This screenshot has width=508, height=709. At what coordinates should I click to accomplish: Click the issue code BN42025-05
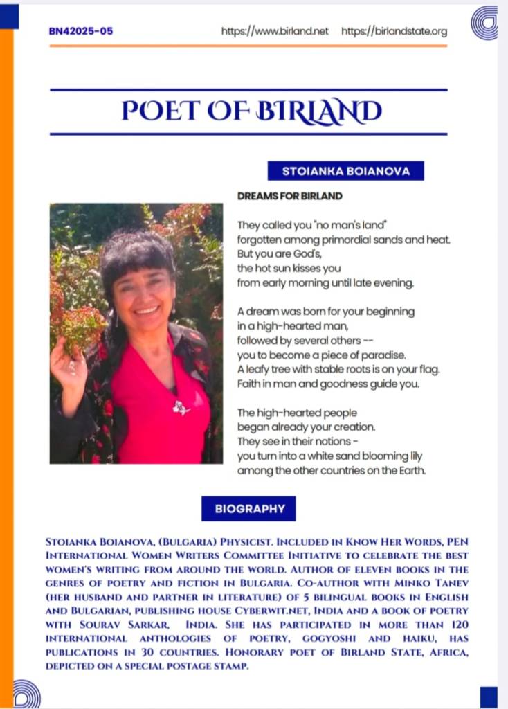point(81,31)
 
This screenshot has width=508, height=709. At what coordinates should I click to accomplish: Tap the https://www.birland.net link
point(275,31)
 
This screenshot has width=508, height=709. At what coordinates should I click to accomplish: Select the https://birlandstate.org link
point(394,31)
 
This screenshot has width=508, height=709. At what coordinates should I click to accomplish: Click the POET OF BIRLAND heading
point(251,111)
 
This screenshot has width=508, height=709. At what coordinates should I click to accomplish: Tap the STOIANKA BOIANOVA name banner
point(345,170)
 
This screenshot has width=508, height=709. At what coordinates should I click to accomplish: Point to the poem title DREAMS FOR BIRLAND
point(289,196)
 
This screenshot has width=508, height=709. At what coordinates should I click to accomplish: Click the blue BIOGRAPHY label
point(248,508)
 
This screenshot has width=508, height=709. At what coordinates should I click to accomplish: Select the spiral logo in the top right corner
point(484,22)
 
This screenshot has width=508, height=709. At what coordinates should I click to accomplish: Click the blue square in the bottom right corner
point(489,696)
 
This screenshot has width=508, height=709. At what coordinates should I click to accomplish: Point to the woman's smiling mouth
point(147,309)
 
